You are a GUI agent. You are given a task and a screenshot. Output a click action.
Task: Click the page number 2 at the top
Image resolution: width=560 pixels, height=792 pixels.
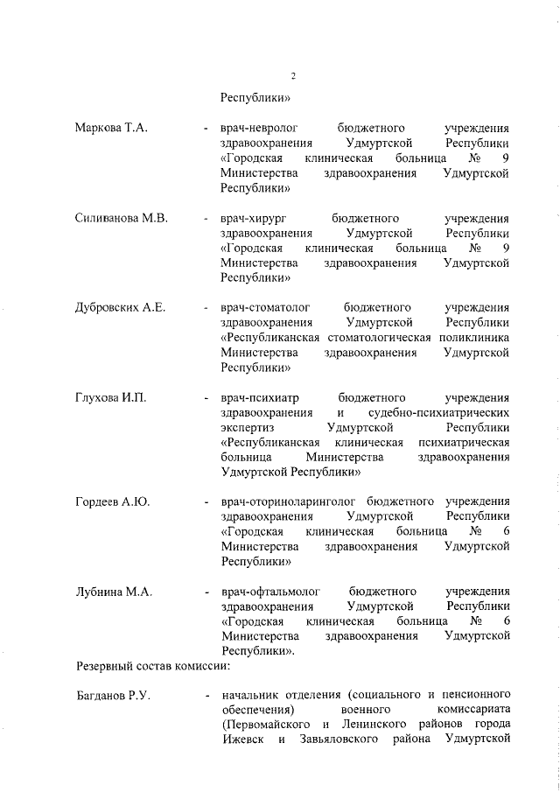(293, 76)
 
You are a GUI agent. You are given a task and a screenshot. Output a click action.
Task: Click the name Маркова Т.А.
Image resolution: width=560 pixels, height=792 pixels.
(111, 128)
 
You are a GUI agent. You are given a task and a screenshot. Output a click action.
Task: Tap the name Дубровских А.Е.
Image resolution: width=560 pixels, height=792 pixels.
(121, 308)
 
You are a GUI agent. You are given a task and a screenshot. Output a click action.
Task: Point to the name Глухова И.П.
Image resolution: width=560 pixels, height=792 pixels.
(110, 398)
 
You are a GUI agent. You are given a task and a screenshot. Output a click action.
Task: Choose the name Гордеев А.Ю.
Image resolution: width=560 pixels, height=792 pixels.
(112, 501)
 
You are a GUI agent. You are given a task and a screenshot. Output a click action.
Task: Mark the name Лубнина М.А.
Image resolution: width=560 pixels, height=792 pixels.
(114, 592)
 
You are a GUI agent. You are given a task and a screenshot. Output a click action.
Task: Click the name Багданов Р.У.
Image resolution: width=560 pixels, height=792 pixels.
(113, 697)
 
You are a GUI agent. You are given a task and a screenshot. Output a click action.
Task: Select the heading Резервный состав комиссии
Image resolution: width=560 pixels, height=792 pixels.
(153, 666)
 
